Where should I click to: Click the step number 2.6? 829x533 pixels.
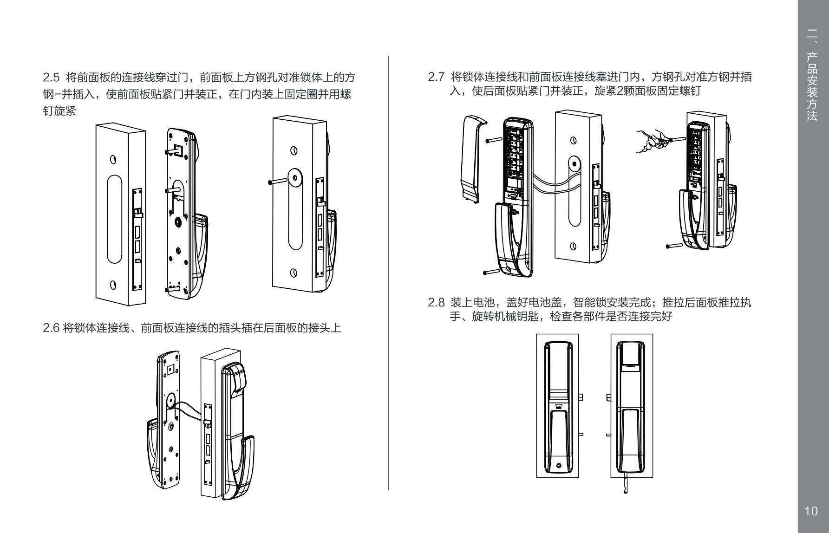pyautogui.click(x=50, y=328)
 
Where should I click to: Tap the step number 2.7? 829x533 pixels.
pyautogui.click(x=436, y=77)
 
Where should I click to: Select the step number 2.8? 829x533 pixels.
pyautogui.click(x=436, y=303)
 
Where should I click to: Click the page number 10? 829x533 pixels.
pyautogui.click(x=811, y=511)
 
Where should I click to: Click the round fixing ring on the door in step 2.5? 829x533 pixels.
pyautogui.click(x=294, y=178)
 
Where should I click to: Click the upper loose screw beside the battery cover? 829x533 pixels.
pyautogui.click(x=493, y=139)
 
